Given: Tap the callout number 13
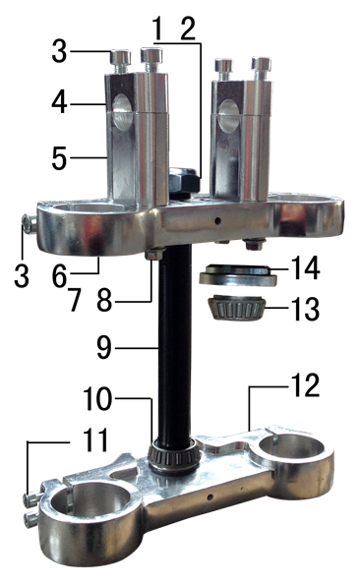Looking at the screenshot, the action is coord(306,308).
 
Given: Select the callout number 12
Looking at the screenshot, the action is coord(306,385).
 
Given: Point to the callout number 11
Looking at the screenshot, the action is coord(95,439).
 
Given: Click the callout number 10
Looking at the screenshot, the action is coord(97,398).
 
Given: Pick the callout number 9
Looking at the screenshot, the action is coord(104,347).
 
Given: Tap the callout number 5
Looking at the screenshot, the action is coord(59,158).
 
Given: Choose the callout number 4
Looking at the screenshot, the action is coord(60,102).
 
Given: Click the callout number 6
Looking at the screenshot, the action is coord(60,276).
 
